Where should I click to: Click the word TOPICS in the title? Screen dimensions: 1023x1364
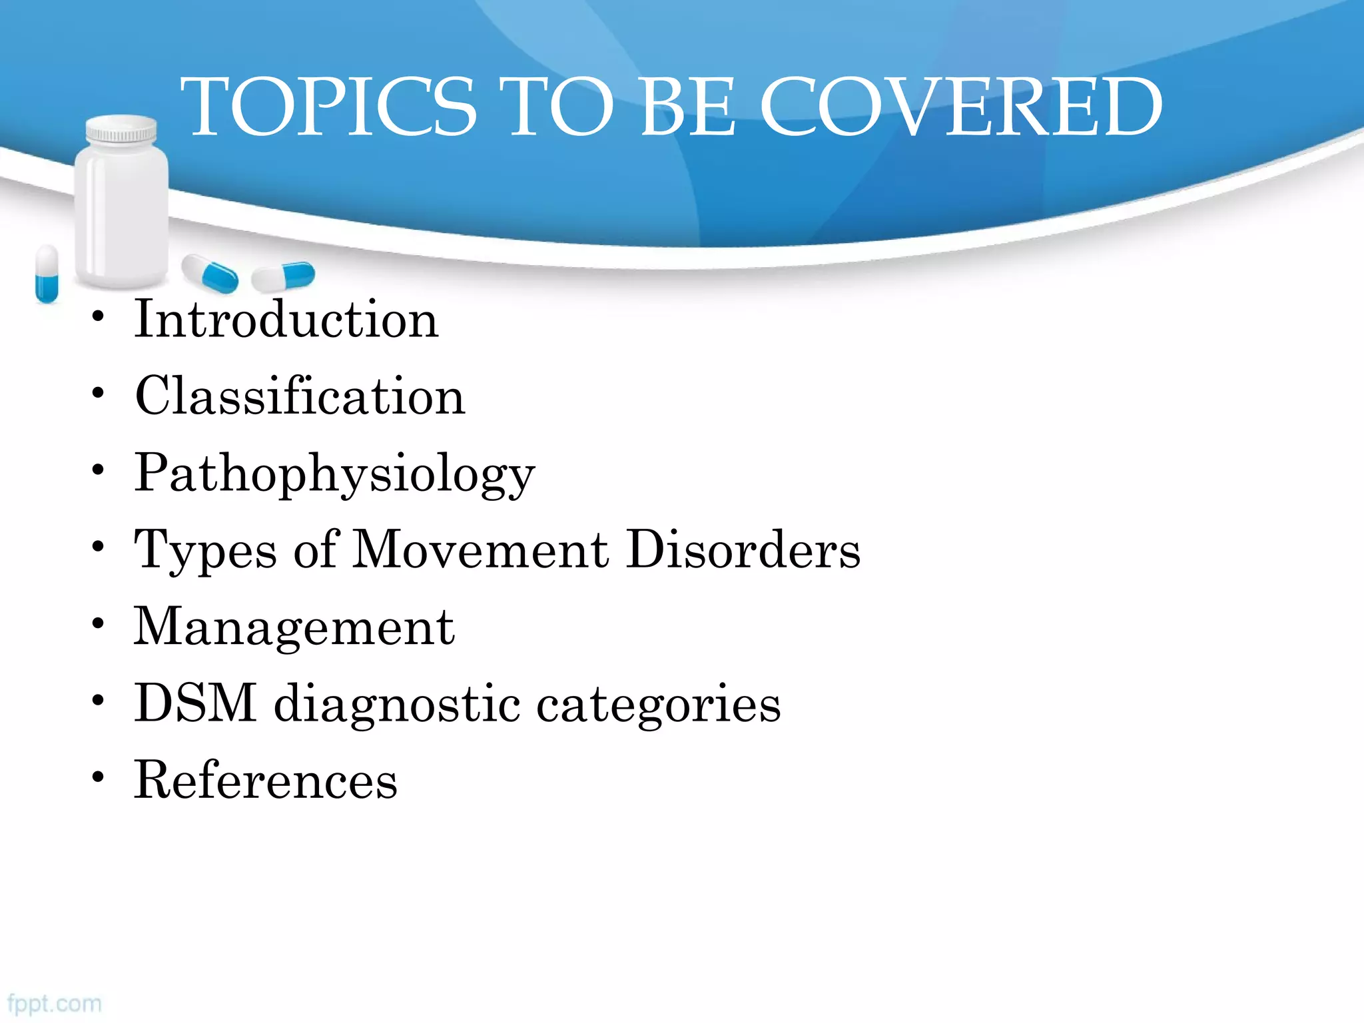point(329,107)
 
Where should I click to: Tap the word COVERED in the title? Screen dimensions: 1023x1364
point(960,107)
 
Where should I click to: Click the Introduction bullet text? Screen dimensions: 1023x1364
point(286,319)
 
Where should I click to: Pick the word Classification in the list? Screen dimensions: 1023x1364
point(300,396)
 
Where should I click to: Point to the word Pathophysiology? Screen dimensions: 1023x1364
point(334,474)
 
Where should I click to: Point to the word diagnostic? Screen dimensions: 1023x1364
point(397,705)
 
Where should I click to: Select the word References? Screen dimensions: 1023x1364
point(266,780)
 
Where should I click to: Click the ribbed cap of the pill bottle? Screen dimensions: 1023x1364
point(121,129)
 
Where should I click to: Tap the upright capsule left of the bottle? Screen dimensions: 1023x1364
point(47,273)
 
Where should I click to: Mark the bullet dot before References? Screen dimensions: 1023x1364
point(99,777)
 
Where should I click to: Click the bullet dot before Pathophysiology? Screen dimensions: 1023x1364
point(99,470)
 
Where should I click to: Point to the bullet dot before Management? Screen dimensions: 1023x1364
point(99,623)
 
